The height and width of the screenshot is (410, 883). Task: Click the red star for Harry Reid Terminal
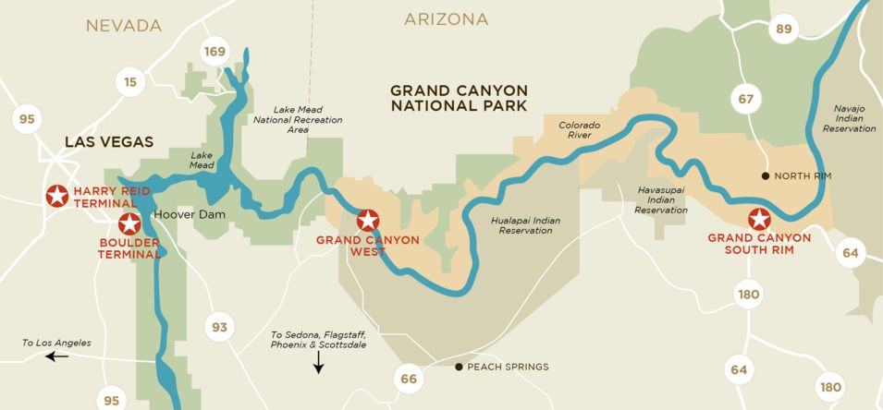[57, 196]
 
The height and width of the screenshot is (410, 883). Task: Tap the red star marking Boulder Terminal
[129, 223]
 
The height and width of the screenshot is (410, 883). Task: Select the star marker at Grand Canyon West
[368, 220]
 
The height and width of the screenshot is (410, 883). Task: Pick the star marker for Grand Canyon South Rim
[759, 220]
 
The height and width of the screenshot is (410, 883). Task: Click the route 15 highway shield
[130, 82]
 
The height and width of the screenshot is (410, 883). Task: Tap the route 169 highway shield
[215, 52]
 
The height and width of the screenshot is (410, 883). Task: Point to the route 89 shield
[784, 30]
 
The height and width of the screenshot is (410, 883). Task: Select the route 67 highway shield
[746, 98]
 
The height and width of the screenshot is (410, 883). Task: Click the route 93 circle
[219, 327]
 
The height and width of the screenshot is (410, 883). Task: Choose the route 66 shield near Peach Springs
[409, 378]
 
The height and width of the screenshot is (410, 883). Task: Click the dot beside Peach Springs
[459, 367]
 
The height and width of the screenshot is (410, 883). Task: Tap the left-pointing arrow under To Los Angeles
[56, 356]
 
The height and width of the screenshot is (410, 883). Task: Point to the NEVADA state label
[124, 26]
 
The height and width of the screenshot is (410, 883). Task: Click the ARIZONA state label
[447, 19]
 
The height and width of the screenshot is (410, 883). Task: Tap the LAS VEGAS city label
[108, 141]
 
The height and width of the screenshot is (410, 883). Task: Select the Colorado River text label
[579, 129]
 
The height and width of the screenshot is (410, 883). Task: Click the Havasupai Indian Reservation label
[661, 199]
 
